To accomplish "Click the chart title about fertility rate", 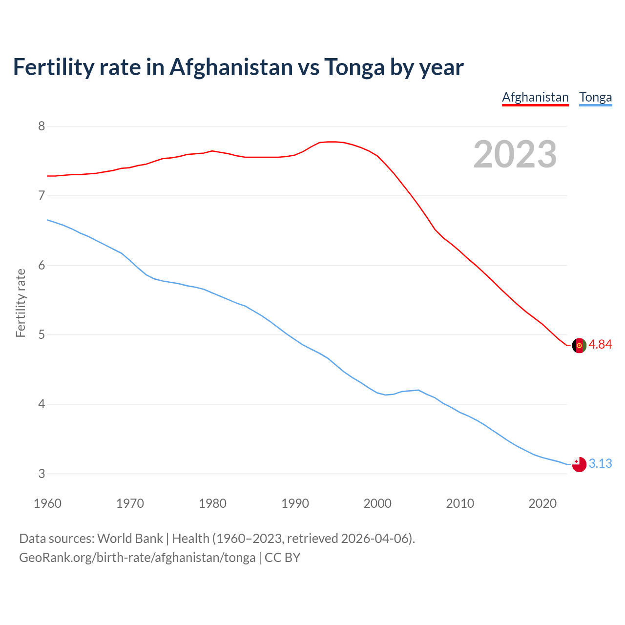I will [x=238, y=67].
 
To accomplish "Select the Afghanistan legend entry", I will [x=535, y=97].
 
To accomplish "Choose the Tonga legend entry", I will [x=595, y=97].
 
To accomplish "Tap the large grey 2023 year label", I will [x=515, y=154].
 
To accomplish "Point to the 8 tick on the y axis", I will [x=42, y=126].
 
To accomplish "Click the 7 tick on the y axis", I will [x=42, y=196].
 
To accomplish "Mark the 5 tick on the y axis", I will [x=42, y=335].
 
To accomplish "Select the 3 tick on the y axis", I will [x=42, y=474].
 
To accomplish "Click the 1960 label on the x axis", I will [x=47, y=503].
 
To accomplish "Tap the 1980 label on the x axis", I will [x=212, y=503].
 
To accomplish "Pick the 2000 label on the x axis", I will [x=377, y=503].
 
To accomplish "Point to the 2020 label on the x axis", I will [x=542, y=503].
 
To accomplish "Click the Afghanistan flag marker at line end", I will [x=579, y=345].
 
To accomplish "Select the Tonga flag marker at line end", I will [x=579, y=464].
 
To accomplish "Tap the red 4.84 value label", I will [x=600, y=345].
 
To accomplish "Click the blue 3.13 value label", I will [x=600, y=463].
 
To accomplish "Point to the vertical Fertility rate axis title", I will [x=21, y=303].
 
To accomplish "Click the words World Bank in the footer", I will [x=130, y=539].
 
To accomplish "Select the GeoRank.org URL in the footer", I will [x=137, y=558].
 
